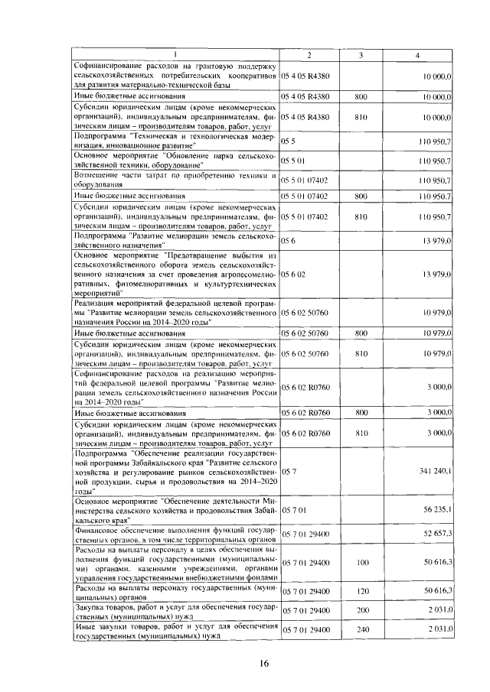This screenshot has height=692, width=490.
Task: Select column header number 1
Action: (x=175, y=55)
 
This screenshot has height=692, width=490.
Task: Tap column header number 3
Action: (x=361, y=55)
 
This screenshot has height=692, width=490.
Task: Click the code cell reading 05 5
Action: (x=289, y=142)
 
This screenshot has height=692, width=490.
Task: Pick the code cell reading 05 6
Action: (x=289, y=241)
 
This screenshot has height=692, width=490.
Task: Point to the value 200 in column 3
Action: (x=361, y=610)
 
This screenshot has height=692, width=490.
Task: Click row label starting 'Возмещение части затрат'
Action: (x=175, y=180)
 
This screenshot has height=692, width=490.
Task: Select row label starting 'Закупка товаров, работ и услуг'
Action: (x=175, y=610)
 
